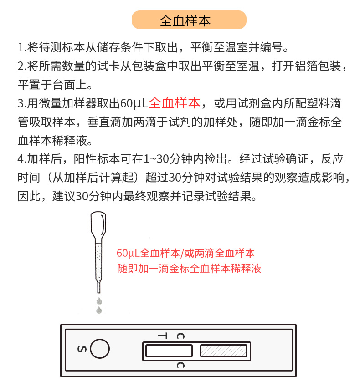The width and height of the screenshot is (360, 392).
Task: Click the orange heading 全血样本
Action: pyautogui.click(x=189, y=20)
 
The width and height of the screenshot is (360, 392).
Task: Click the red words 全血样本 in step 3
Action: pyautogui.click(x=174, y=103)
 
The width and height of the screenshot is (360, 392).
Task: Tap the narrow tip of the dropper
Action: pyautogui.click(x=98, y=286)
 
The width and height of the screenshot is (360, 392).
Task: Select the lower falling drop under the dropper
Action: pyautogui.click(x=98, y=310)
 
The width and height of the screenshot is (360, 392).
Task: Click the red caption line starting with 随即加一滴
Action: pyautogui.click(x=189, y=268)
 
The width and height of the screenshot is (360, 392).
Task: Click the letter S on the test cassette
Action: pyautogui.click(x=82, y=349)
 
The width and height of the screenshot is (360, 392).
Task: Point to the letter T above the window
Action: pyautogui.click(x=162, y=336)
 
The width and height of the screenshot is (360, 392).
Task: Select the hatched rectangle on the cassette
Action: pyautogui.click(x=224, y=351)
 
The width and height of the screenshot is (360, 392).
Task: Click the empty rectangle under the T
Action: pyautogui.click(x=169, y=351)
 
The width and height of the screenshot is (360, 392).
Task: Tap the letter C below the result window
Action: pyautogui.click(x=181, y=365)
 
